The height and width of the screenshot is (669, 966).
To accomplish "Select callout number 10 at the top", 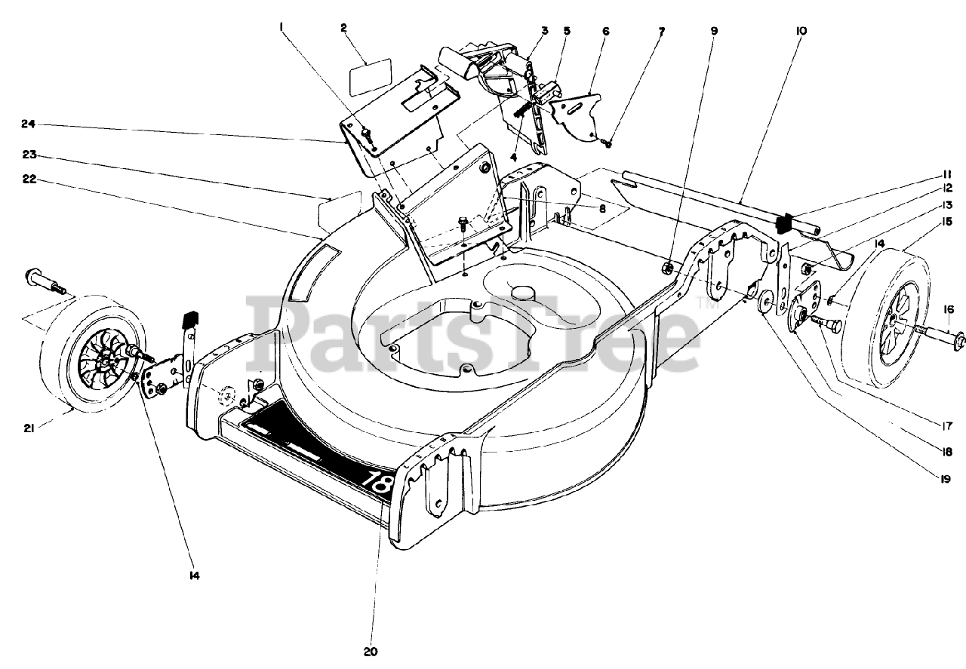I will pyautogui.click(x=801, y=31).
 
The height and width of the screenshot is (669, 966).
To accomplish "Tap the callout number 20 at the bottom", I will pyautogui.click(x=371, y=652).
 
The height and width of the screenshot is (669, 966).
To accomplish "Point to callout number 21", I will pyautogui.click(x=29, y=429).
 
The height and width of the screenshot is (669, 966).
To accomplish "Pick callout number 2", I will pyautogui.click(x=343, y=28).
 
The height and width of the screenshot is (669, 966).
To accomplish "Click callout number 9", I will pyautogui.click(x=714, y=31).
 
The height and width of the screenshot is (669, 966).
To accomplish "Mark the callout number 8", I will pyautogui.click(x=602, y=207).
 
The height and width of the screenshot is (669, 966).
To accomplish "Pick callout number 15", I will pyautogui.click(x=944, y=222).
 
